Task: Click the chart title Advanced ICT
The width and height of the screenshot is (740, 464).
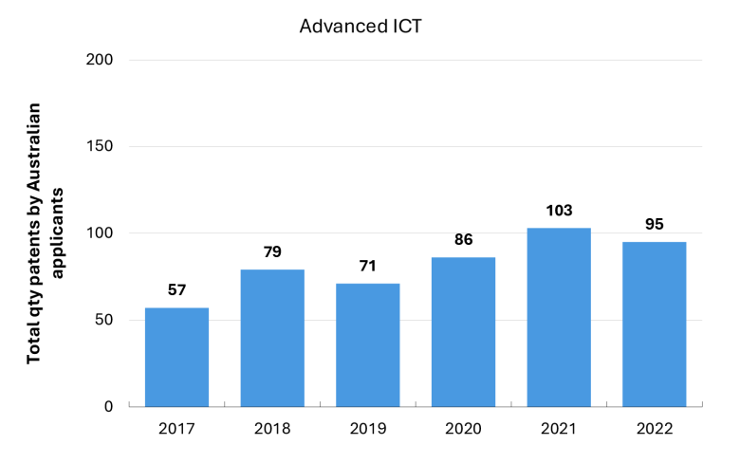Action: click(361, 27)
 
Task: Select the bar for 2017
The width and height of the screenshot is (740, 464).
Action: click(177, 358)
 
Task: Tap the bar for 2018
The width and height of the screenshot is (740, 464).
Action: click(272, 338)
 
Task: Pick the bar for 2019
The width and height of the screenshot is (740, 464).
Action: click(368, 345)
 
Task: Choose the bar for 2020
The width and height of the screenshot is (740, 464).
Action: click(463, 332)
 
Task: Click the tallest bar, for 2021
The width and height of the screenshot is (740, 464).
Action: click(559, 317)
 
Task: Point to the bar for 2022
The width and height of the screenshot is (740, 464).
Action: click(654, 325)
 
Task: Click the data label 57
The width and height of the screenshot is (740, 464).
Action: click(177, 289)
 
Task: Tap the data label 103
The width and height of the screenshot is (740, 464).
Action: click(559, 210)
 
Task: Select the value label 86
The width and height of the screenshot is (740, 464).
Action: click(463, 239)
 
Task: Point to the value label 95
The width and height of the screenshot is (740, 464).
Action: click(654, 224)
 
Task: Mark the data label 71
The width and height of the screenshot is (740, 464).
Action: click(368, 266)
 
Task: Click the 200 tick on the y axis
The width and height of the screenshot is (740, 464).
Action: click(100, 60)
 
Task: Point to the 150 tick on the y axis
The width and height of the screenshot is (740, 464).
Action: click(100, 146)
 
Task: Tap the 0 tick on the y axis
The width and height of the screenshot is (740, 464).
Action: click(108, 406)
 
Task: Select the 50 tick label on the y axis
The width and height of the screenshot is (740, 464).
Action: click(103, 320)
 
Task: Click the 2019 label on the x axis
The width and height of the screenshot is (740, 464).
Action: click(368, 429)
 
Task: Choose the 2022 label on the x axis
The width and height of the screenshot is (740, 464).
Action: click(654, 429)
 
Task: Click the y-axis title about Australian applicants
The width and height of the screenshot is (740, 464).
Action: click(45, 233)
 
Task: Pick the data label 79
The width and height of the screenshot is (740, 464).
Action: click(272, 251)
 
